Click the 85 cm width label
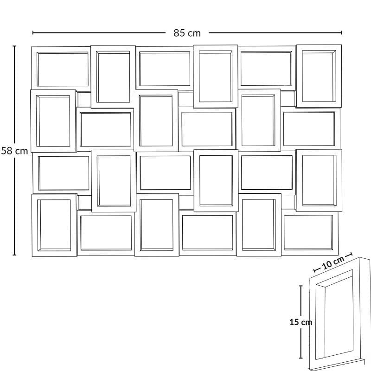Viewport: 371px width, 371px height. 187,33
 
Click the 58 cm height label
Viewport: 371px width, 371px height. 14,151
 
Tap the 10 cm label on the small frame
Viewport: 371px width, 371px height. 333,262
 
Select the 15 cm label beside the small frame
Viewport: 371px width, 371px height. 301,322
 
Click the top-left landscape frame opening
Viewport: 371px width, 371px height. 63,69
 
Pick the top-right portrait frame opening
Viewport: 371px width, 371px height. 319,76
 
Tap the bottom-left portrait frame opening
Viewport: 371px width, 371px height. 54,225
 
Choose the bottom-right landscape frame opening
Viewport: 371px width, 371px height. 308,232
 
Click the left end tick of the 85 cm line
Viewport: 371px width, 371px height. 33,32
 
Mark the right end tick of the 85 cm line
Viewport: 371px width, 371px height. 341,32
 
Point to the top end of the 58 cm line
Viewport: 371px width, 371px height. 14,46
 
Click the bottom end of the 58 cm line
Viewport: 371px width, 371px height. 14,255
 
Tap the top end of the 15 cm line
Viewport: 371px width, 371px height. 301,286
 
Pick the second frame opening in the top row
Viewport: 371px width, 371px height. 113,77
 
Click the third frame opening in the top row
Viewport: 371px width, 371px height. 165,69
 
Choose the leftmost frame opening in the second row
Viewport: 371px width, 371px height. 53,121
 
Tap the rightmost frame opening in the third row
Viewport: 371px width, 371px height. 319,180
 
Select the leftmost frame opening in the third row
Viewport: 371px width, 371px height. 64,173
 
